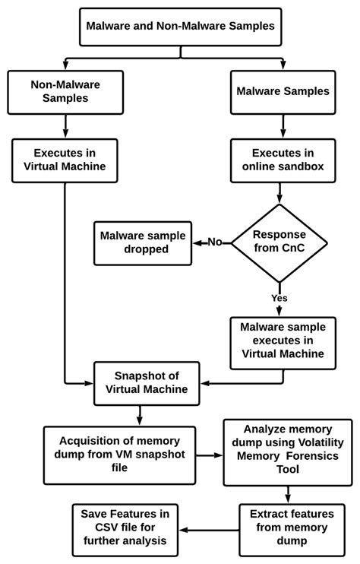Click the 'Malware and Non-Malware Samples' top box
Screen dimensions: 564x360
tap(180, 26)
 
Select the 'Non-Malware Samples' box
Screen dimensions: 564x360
tap(65, 92)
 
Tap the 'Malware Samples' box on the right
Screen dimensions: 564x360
tap(283, 92)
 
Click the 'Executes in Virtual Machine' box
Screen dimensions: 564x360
tap(65, 160)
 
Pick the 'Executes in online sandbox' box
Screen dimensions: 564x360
tap(283, 160)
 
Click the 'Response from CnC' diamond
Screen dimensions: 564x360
tap(279, 242)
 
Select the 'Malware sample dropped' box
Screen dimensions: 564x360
tap(143, 242)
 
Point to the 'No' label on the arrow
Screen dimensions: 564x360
tap(215, 242)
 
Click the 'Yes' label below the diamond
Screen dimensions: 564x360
tap(279, 298)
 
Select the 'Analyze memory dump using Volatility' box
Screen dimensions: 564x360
tap(287, 452)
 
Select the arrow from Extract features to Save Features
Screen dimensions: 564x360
tap(210, 529)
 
